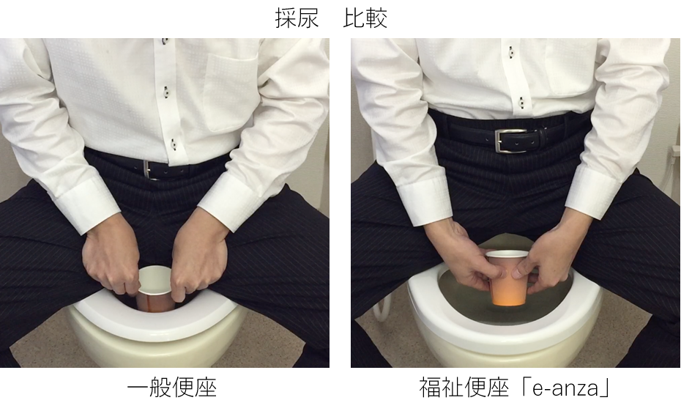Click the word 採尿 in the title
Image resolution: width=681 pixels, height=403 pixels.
click(297, 18)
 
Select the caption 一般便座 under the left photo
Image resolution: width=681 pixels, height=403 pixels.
click(171, 386)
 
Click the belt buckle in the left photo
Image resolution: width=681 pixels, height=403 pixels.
click(149, 169)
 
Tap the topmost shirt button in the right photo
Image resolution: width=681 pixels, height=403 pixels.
click(511, 51)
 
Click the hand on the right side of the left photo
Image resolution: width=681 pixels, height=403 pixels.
click(198, 260)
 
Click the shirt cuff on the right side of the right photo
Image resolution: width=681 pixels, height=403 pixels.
click(593, 191)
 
